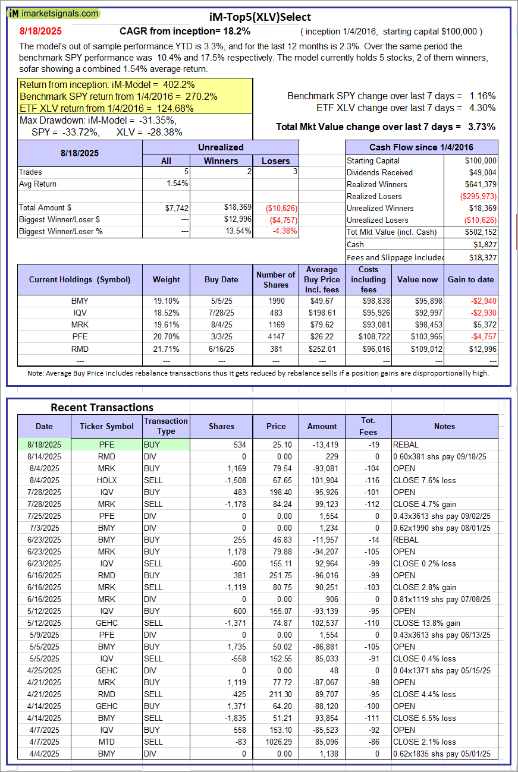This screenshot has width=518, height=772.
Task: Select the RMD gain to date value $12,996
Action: tap(481, 349)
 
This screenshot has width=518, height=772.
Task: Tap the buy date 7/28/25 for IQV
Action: tap(221, 313)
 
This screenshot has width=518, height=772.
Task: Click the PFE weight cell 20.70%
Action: tap(166, 337)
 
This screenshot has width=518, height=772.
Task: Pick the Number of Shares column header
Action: tap(275, 279)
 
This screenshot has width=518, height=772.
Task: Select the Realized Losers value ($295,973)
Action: tap(477, 196)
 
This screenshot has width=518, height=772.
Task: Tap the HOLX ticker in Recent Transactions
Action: tap(107, 480)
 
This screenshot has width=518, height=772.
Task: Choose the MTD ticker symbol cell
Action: tap(107, 742)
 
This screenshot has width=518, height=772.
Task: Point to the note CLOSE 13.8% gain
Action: tap(426, 623)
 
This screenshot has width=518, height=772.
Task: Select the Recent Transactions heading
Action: tap(102, 407)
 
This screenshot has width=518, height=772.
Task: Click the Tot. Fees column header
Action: tap(368, 426)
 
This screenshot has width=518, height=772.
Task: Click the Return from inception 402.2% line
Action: tap(107, 85)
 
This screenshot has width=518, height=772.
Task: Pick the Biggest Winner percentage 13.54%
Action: tap(238, 231)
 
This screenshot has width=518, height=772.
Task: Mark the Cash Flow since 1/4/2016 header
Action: tap(421, 147)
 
